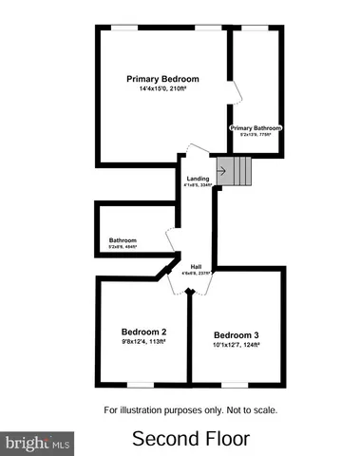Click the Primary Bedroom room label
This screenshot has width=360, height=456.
coord(163,79)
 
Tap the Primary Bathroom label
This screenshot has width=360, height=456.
coord(256,127)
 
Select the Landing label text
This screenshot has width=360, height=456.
coord(198,179)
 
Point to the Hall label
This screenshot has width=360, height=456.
coord(196,266)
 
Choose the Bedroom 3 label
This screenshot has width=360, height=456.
coord(236,334)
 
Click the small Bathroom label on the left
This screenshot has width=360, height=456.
coord(123,239)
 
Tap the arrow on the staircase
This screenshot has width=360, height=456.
coord(222,171)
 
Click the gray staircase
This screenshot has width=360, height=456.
coord(238,171)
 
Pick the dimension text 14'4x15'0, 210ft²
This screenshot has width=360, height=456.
coord(163,89)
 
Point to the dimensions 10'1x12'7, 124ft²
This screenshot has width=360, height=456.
coord(236,345)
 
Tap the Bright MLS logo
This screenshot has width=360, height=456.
coord(38,442)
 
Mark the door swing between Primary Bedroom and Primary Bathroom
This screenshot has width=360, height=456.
coord(237,92)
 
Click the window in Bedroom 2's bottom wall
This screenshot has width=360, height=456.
coord(142,384)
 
